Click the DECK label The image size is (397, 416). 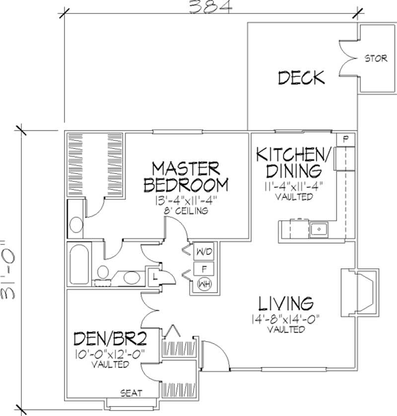(x=301, y=78)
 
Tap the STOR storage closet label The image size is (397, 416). (x=376, y=59)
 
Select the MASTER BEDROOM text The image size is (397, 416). (x=186, y=176)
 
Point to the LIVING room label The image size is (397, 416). (x=286, y=303)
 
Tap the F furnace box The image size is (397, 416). (x=203, y=268)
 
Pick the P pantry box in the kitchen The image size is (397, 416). (x=346, y=139)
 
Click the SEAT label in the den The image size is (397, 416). (x=132, y=393)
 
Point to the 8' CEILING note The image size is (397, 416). (x=186, y=211)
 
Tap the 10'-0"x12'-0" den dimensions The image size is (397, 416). (x=111, y=355)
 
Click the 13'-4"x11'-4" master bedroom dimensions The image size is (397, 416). (x=186, y=201)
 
